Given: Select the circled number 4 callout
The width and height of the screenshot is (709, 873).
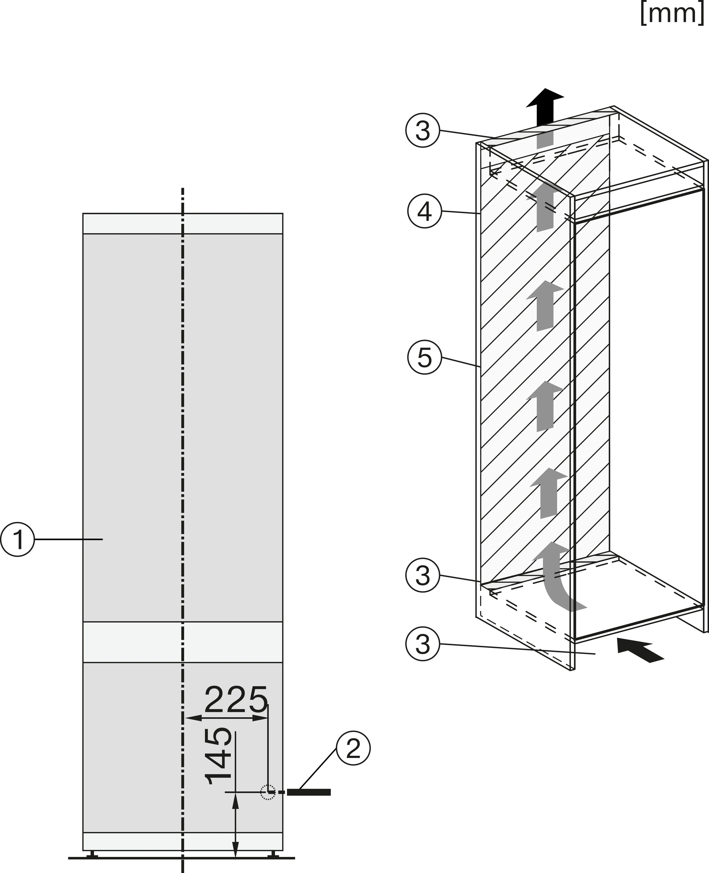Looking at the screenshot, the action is pyautogui.click(x=425, y=211).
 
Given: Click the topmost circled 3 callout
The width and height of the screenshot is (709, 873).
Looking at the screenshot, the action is pyautogui.click(x=423, y=131).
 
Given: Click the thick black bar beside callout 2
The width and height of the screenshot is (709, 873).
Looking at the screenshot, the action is pyautogui.click(x=309, y=793).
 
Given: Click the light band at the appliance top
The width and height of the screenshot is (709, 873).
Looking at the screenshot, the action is pyautogui.click(x=183, y=223).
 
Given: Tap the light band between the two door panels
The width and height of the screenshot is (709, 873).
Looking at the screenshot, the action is pyautogui.click(x=183, y=642).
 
